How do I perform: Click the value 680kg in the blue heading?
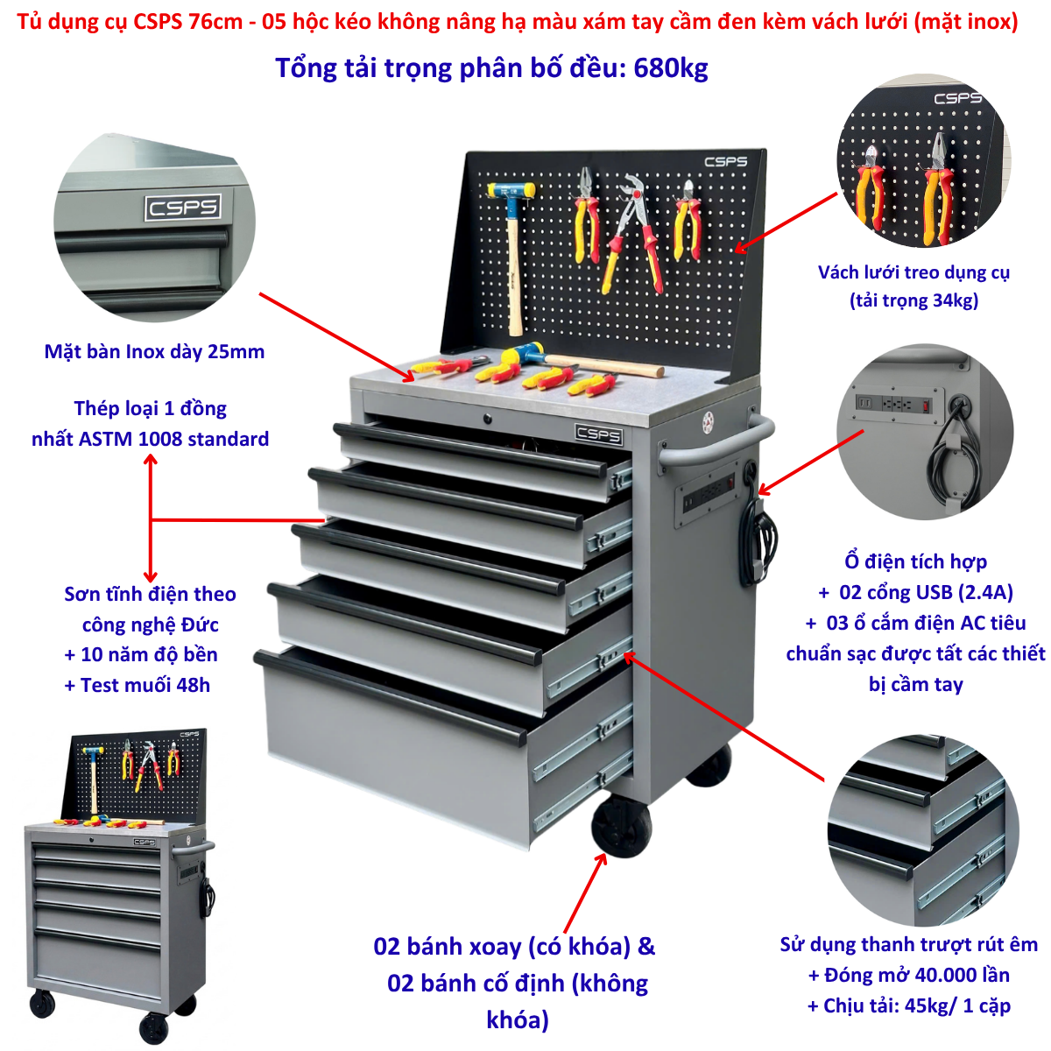670,68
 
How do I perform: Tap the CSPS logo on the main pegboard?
725,162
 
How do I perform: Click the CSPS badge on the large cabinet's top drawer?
599,434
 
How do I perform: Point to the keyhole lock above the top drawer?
487,419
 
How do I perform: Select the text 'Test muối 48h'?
145,685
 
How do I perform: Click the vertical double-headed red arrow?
151,518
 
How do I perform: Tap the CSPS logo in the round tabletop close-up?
183,208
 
